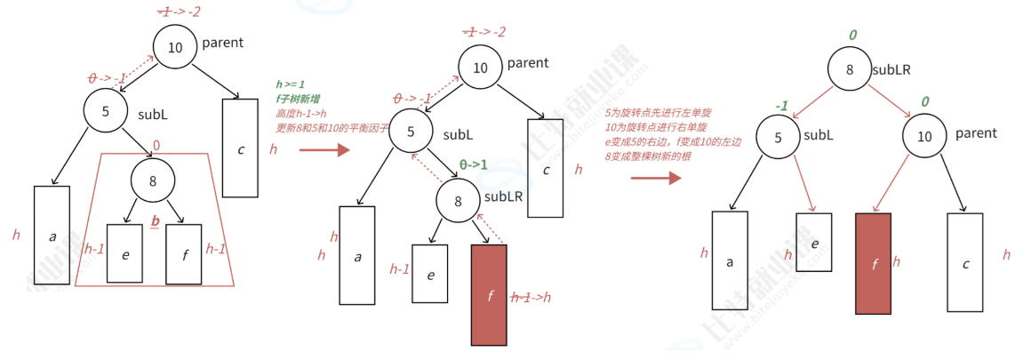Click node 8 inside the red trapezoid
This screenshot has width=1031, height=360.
coord(153,182)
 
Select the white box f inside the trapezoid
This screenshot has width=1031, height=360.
coord(184,253)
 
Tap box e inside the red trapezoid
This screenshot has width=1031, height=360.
coord(125,253)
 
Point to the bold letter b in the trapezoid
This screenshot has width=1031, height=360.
coord(156,220)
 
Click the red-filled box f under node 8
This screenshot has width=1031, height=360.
coord(489,294)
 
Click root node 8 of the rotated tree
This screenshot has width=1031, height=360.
coord(850,69)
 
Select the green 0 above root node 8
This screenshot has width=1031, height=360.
coord(852,36)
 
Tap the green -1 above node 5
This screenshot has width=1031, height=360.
coord(782,105)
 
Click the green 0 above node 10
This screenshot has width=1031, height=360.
coord(924,102)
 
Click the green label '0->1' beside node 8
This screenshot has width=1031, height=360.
coord(475,164)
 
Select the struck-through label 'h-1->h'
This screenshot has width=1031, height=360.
coord(532,299)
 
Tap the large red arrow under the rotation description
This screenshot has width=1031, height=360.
coord(655,178)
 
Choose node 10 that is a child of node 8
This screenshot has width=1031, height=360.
coord(925,136)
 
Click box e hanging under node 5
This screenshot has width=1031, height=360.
coord(813,242)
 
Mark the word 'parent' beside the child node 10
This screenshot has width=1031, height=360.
coord(977,133)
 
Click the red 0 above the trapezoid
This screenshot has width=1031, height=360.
coord(156,145)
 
